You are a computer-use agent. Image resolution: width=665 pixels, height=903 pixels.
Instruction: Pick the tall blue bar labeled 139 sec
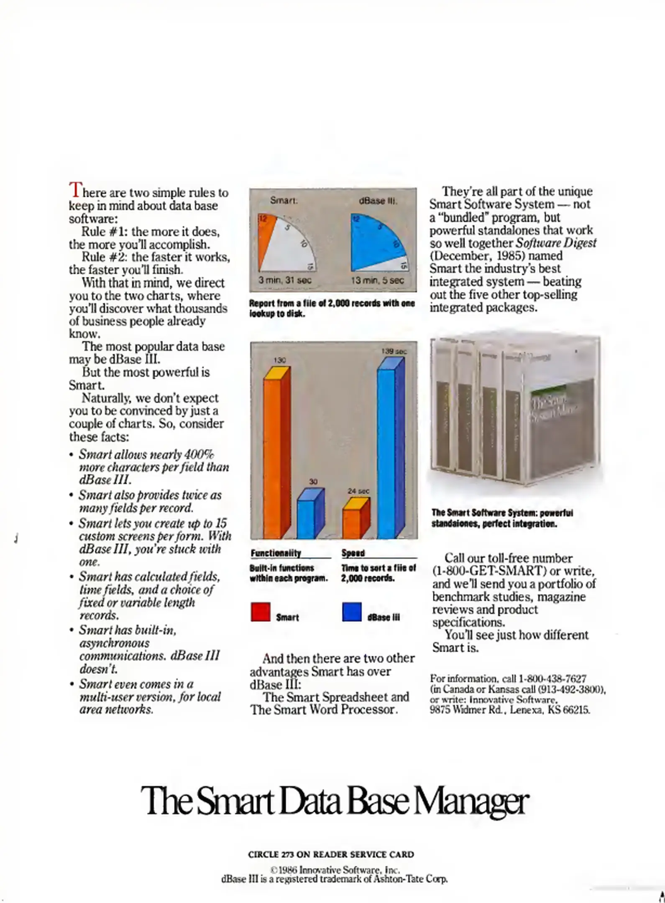(386, 451)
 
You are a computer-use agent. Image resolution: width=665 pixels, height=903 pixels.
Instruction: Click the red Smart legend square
(260, 612)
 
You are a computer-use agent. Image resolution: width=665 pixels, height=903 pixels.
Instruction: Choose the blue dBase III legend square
(352, 612)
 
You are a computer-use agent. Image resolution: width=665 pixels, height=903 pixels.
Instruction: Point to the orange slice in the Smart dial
(266, 238)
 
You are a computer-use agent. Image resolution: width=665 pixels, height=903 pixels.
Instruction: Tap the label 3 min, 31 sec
(285, 281)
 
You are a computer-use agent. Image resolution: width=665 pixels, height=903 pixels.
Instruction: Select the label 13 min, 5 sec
(378, 281)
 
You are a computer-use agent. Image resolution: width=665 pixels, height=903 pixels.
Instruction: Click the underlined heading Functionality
(276, 553)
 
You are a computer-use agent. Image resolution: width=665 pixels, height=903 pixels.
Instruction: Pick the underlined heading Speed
(353, 553)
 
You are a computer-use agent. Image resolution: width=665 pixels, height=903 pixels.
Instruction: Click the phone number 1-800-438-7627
(552, 679)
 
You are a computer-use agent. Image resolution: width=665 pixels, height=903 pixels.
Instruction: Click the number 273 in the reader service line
(287, 855)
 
